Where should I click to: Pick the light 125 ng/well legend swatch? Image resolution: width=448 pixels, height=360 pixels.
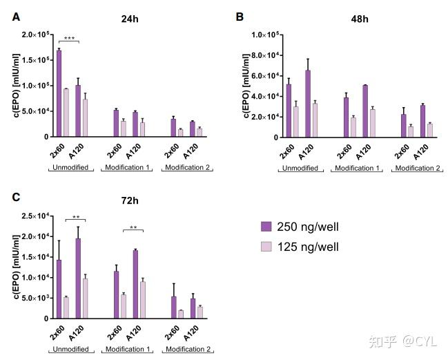pyautogui.click(x=266, y=246)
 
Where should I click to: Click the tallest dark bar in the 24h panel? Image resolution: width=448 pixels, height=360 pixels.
pyautogui.click(x=59, y=93)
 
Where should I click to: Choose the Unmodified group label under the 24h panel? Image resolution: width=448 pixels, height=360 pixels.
pyautogui.click(x=71, y=168)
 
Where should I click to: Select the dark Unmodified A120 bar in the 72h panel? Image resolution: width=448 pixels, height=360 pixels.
pyautogui.click(x=78, y=278)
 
